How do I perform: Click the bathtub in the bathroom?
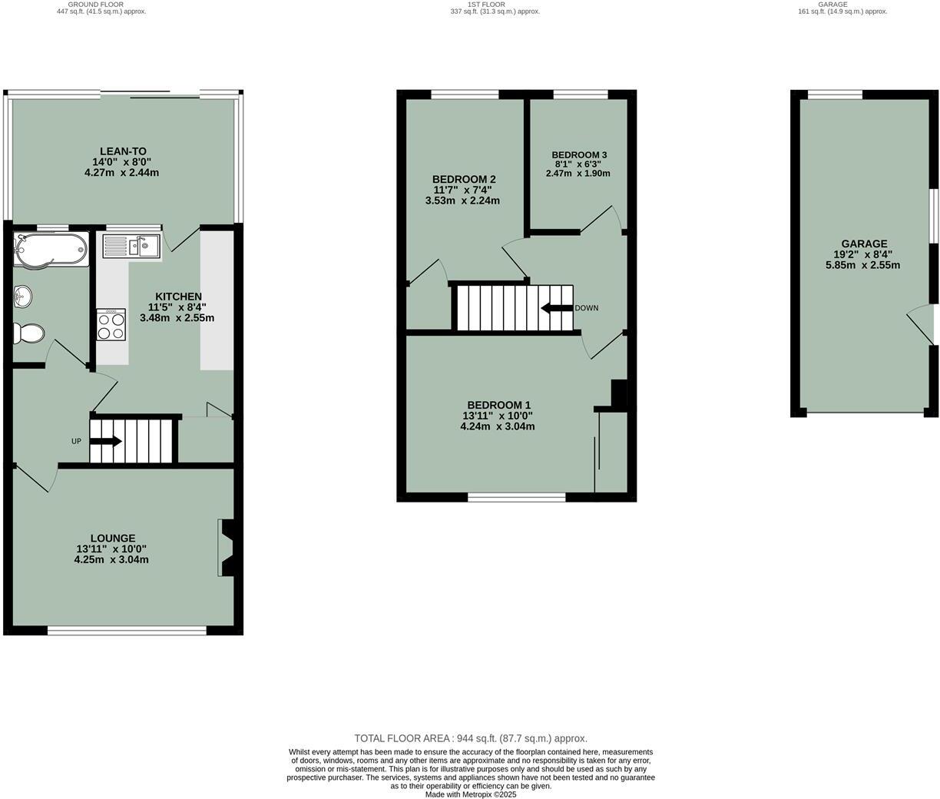(x=51, y=249)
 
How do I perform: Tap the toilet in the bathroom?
(x=29, y=333)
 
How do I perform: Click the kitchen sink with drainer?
(x=131, y=246)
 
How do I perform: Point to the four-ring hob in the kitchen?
(x=111, y=323)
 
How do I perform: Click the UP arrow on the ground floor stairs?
(x=106, y=441)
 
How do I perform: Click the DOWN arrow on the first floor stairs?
(x=557, y=308)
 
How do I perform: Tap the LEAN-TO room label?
(x=123, y=151)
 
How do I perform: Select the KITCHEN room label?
(x=178, y=297)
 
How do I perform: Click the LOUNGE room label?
(x=113, y=539)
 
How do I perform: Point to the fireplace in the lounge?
(x=227, y=548)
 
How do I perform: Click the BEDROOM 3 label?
(x=578, y=154)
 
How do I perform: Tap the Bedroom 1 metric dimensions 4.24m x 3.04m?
(x=498, y=426)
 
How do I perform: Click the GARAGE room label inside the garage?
(x=866, y=244)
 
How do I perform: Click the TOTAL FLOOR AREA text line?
(x=470, y=738)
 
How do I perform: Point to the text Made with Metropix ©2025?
(x=470, y=794)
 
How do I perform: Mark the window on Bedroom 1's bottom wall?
(x=516, y=497)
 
